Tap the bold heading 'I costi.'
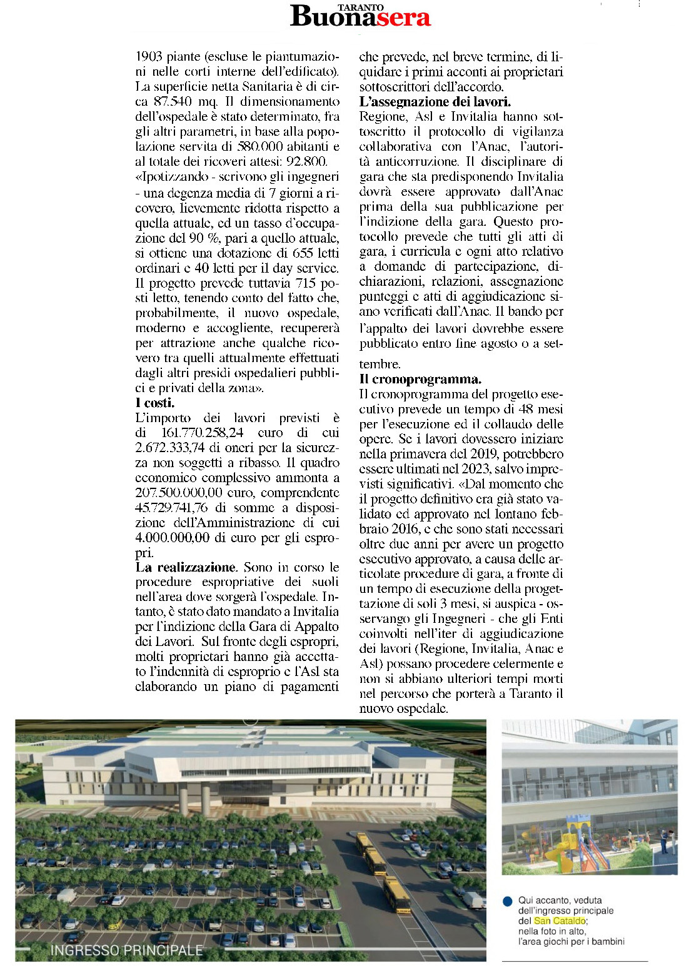[155, 403]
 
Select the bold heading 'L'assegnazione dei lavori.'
[435, 102]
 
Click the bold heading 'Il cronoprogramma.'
[420, 380]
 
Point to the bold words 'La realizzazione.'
[186, 568]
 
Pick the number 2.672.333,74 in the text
[170, 448]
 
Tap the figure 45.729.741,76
[171, 508]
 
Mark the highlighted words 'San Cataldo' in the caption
[560, 921]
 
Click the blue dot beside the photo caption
[508, 902]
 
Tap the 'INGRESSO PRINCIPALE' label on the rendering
[127, 950]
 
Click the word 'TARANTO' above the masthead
[361, 8]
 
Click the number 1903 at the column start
[149, 57]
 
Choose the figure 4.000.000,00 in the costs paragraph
[173, 538]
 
